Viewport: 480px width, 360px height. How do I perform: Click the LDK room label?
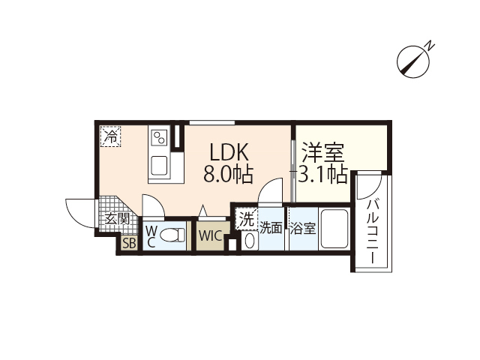(228, 152)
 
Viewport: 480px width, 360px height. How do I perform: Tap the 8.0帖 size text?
(228, 175)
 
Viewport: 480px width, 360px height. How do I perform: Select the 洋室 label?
(323, 152)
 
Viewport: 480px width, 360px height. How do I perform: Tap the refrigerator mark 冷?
(110, 137)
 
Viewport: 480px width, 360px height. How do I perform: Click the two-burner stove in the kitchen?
(160, 138)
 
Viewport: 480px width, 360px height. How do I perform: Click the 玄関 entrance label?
(117, 219)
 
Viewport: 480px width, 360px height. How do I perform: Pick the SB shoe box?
(128, 242)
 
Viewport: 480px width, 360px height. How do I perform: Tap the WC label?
(150, 235)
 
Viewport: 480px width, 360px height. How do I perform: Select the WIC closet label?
(209, 235)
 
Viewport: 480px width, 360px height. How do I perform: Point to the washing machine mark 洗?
(247, 219)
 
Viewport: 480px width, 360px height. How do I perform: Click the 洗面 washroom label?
(271, 227)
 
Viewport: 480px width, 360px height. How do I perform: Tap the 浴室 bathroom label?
(302, 227)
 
